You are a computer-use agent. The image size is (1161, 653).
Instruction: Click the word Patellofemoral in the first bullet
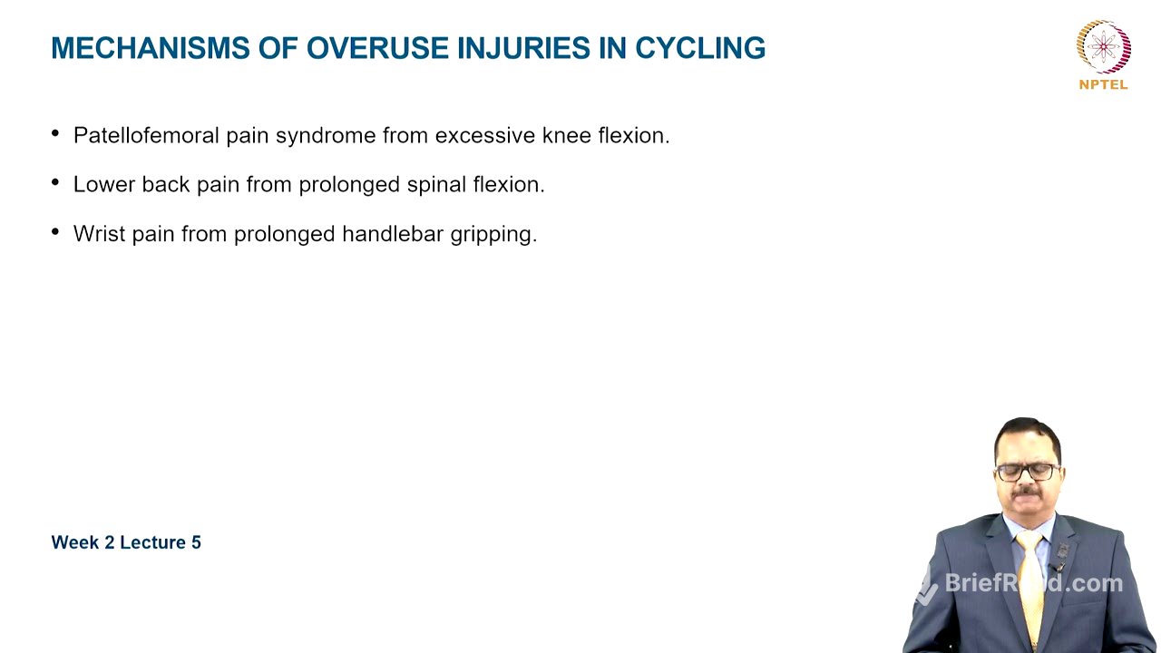[146, 136]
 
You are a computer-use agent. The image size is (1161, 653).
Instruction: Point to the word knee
[567, 136]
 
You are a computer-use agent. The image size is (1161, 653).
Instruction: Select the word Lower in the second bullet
[104, 185]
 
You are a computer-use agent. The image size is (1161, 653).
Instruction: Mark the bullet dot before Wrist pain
[56, 233]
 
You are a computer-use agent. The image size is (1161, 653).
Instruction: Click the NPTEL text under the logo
[1103, 84]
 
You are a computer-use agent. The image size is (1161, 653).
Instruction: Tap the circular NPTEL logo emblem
[1103, 46]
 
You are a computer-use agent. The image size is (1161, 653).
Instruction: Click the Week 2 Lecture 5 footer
[126, 542]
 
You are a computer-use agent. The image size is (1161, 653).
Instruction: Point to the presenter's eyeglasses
[1026, 472]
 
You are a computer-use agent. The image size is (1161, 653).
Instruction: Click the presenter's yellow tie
[1030, 580]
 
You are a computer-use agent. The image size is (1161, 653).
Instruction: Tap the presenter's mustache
[1026, 492]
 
